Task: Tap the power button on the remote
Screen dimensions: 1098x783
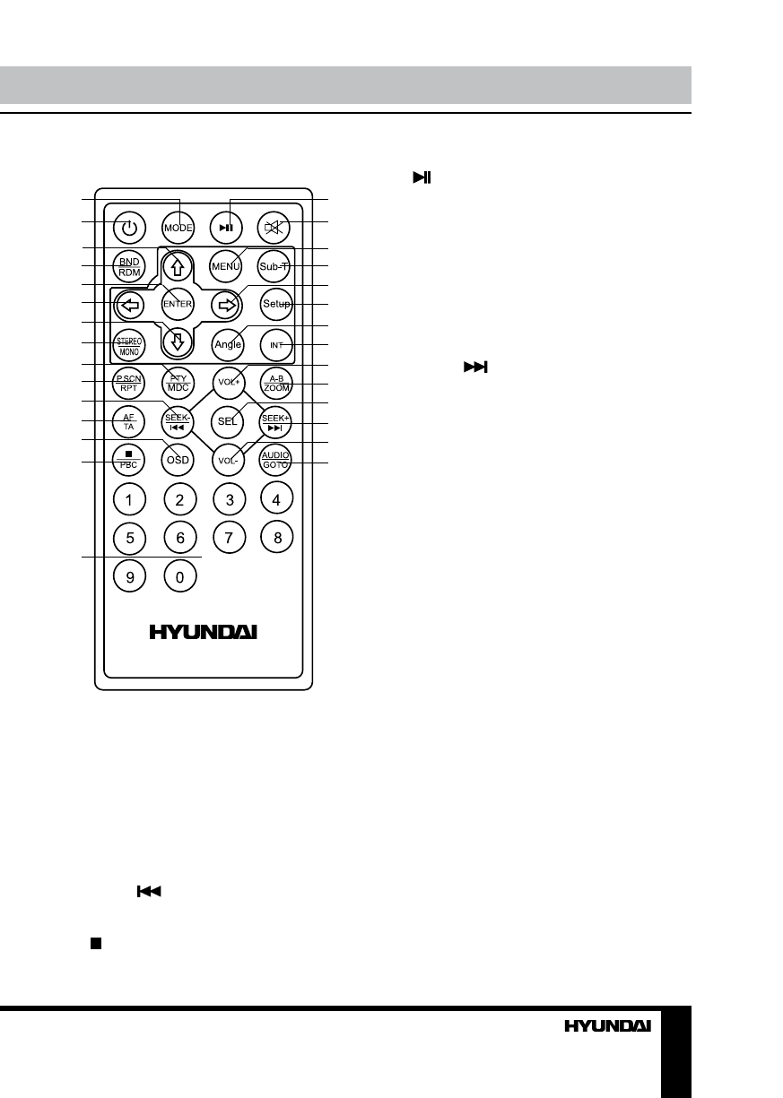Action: coord(130,228)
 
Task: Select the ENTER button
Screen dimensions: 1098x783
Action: coord(179,304)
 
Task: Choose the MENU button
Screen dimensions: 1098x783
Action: coord(229,266)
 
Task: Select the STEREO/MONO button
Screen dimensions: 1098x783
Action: coord(130,345)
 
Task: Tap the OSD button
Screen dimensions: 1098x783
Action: coord(179,460)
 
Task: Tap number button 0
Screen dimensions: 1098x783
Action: coord(179,577)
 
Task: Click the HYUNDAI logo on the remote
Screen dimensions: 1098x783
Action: coord(204,633)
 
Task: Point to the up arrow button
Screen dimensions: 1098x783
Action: coord(179,264)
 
